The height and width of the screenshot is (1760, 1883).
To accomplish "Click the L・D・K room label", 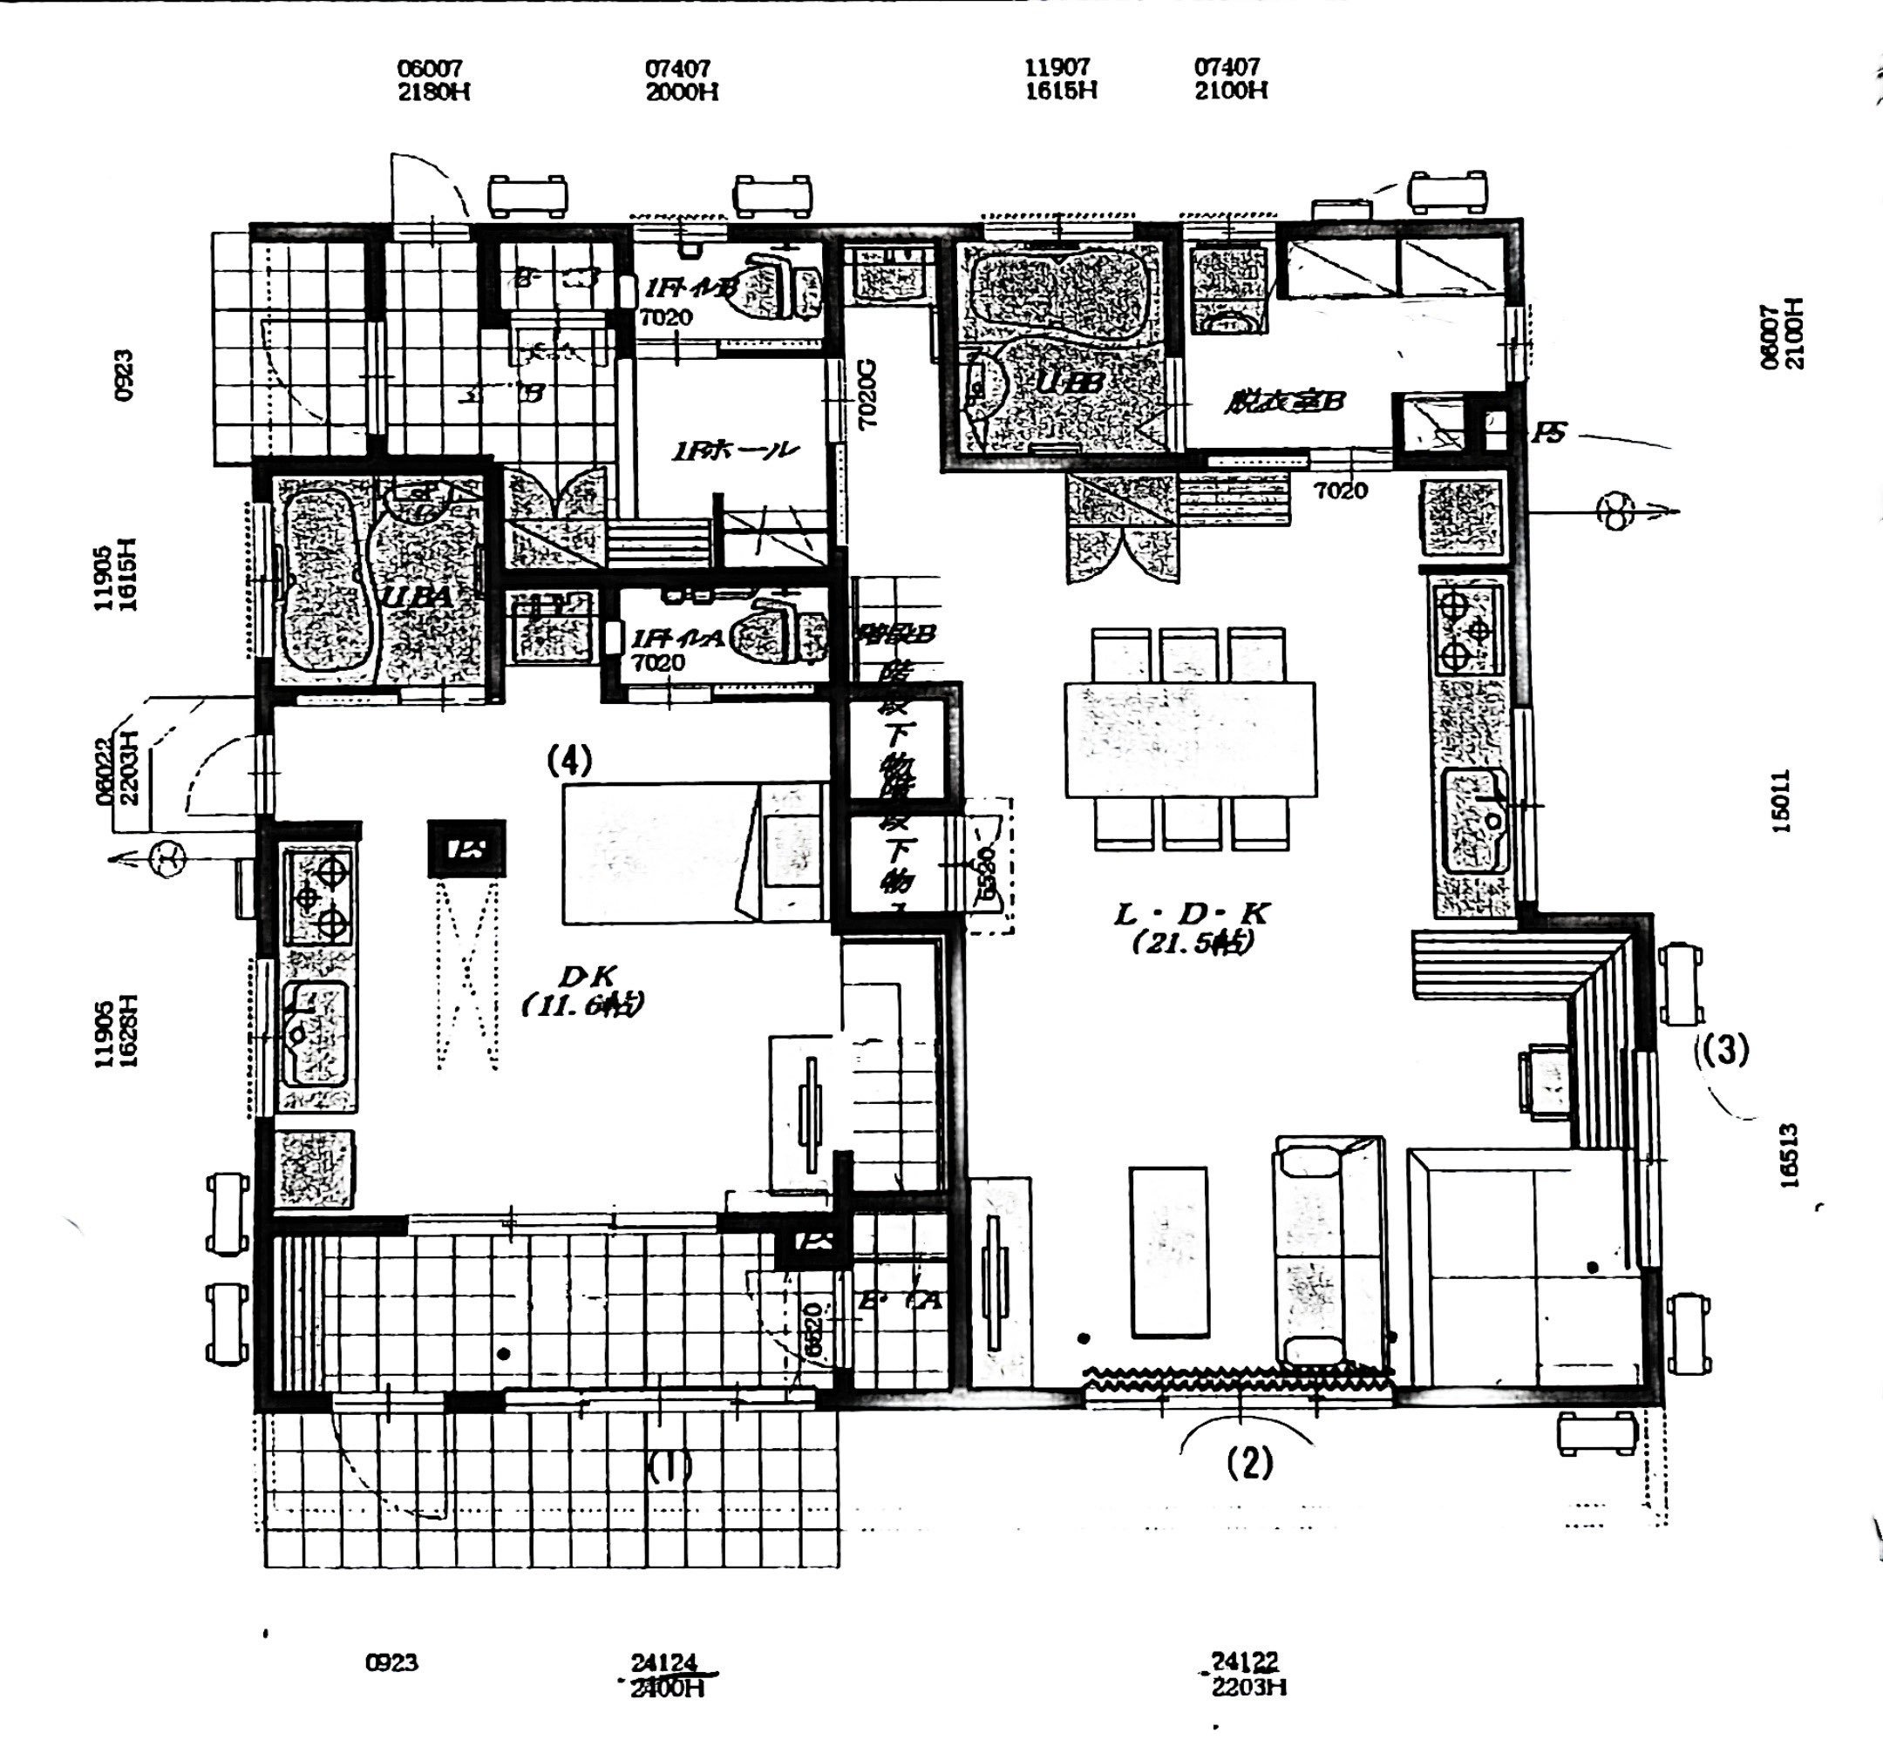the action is point(1191,915).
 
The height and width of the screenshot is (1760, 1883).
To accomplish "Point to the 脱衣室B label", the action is point(1283,403).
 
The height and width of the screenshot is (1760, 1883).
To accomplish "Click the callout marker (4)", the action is point(569,761).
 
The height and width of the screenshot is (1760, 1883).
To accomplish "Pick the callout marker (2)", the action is point(1249,1463).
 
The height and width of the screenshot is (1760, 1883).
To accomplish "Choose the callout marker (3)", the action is point(1721,1049).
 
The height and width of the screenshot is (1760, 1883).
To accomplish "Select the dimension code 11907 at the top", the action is point(1058,67).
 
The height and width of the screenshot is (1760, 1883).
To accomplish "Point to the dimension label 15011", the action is point(1781,801).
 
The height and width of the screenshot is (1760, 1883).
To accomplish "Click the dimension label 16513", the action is point(1787,1155).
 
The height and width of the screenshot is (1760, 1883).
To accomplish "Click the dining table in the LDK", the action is point(1190,740).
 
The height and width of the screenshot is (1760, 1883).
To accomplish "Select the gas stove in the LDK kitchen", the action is point(1466,630).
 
